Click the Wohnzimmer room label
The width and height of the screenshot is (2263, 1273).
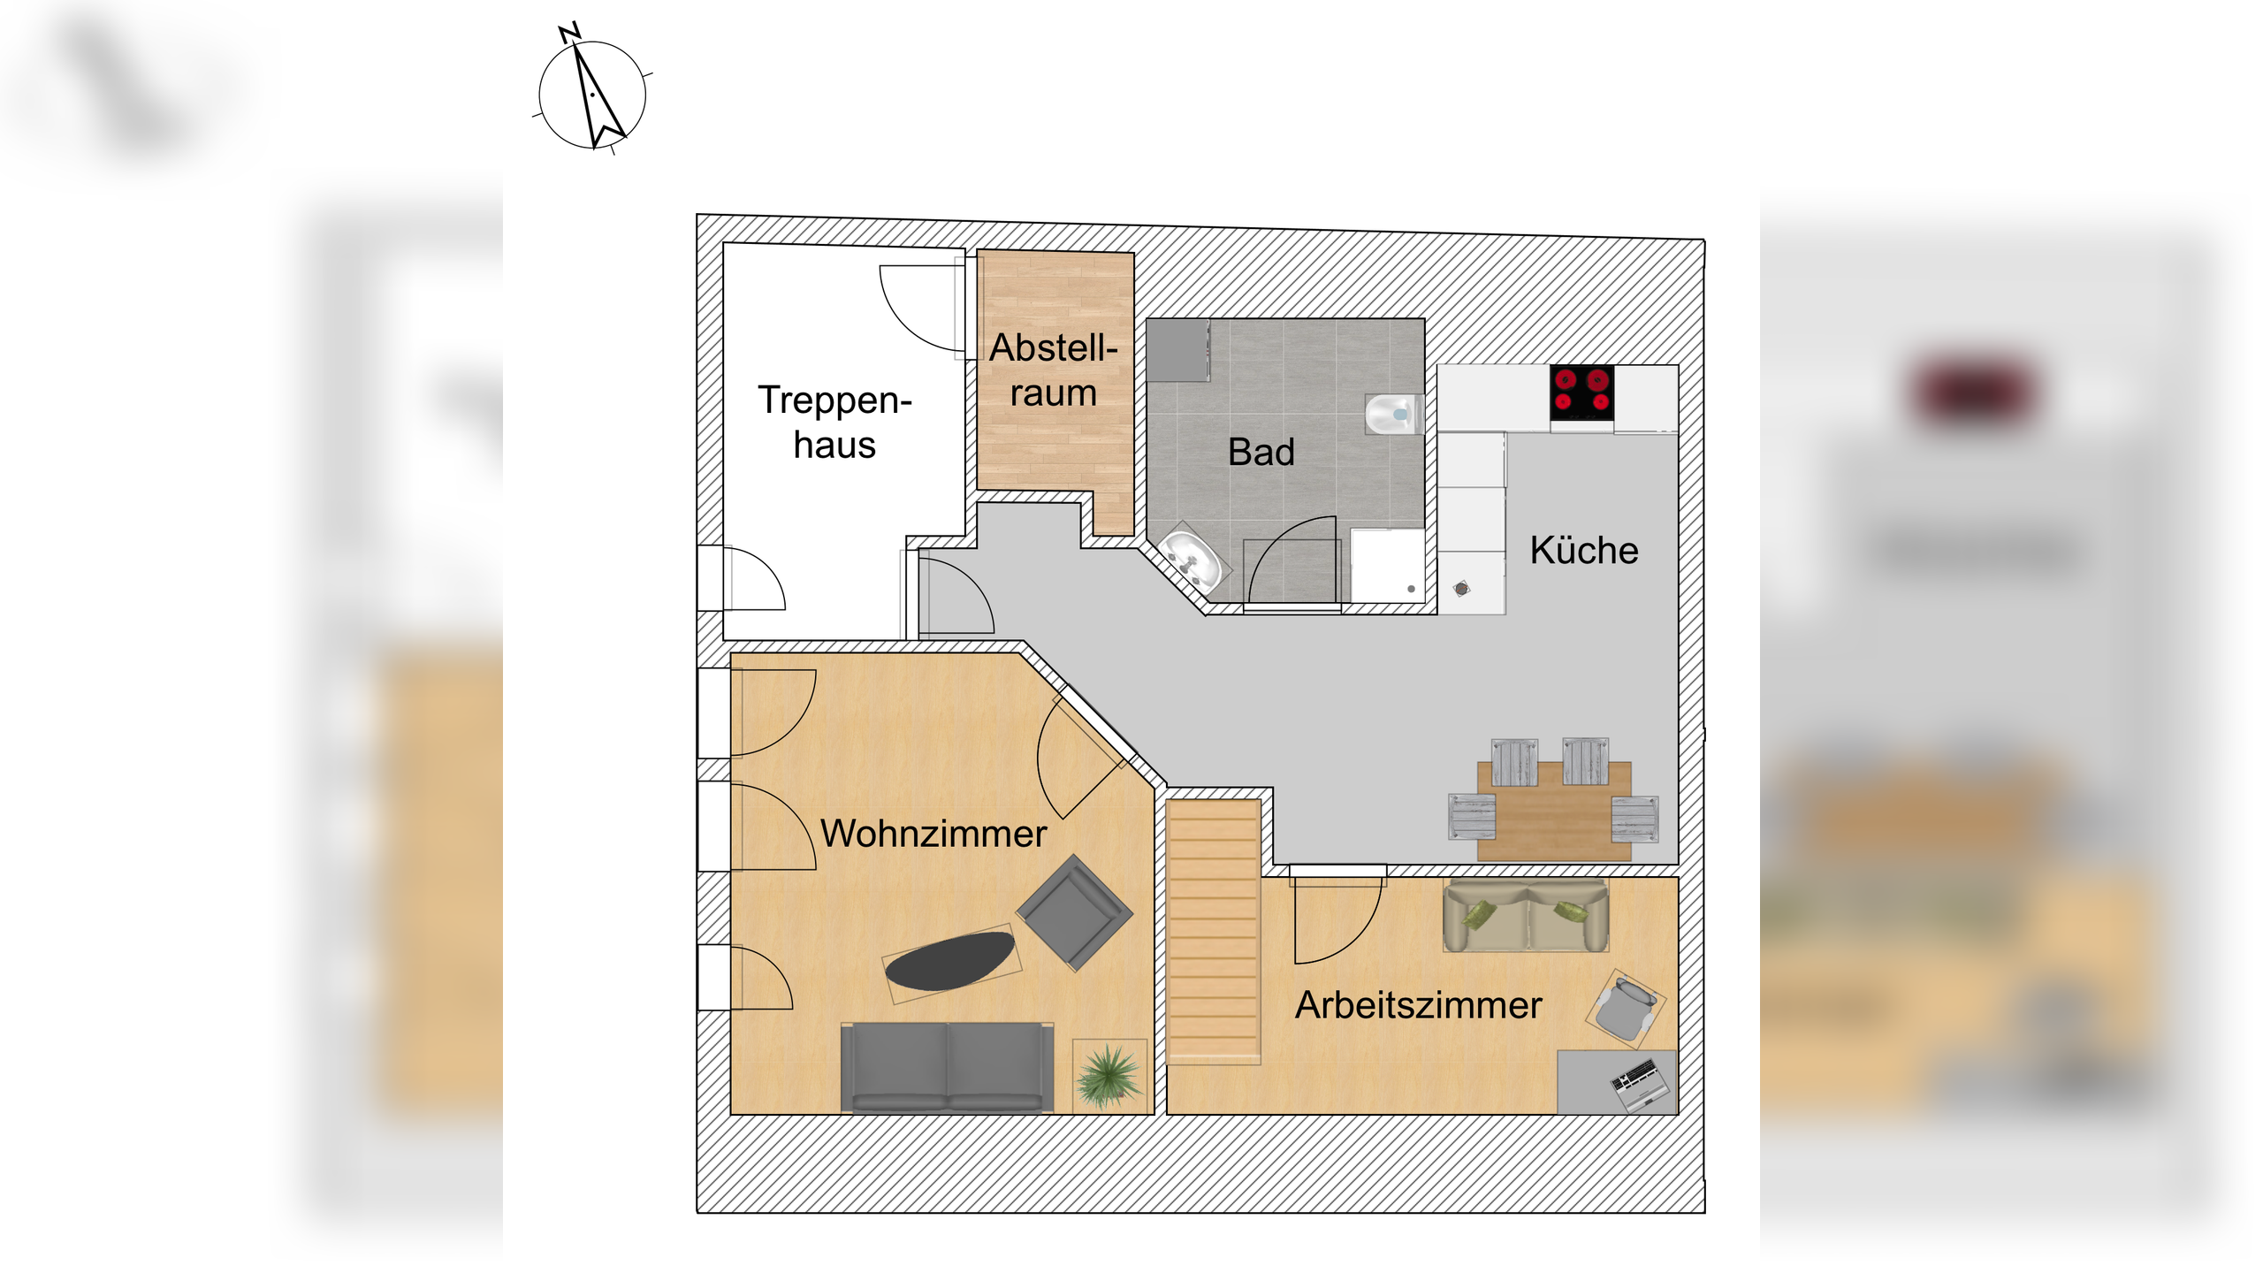coord(933,834)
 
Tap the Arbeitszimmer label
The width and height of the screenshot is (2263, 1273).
coord(1418,1005)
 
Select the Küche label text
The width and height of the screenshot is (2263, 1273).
coord(1583,550)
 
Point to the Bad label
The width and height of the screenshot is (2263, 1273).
coord(1261,452)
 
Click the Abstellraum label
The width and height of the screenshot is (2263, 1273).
coord(1054,370)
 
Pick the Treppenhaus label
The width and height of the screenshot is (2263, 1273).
coord(834,423)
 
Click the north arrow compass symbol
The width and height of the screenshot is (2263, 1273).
coord(593,94)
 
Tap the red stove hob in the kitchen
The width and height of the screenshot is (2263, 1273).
coord(1581,392)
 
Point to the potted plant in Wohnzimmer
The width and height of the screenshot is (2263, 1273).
coord(1109,1075)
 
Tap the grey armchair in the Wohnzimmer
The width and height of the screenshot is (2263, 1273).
coord(1074,911)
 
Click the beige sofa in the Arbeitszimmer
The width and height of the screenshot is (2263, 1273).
coord(1525,915)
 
